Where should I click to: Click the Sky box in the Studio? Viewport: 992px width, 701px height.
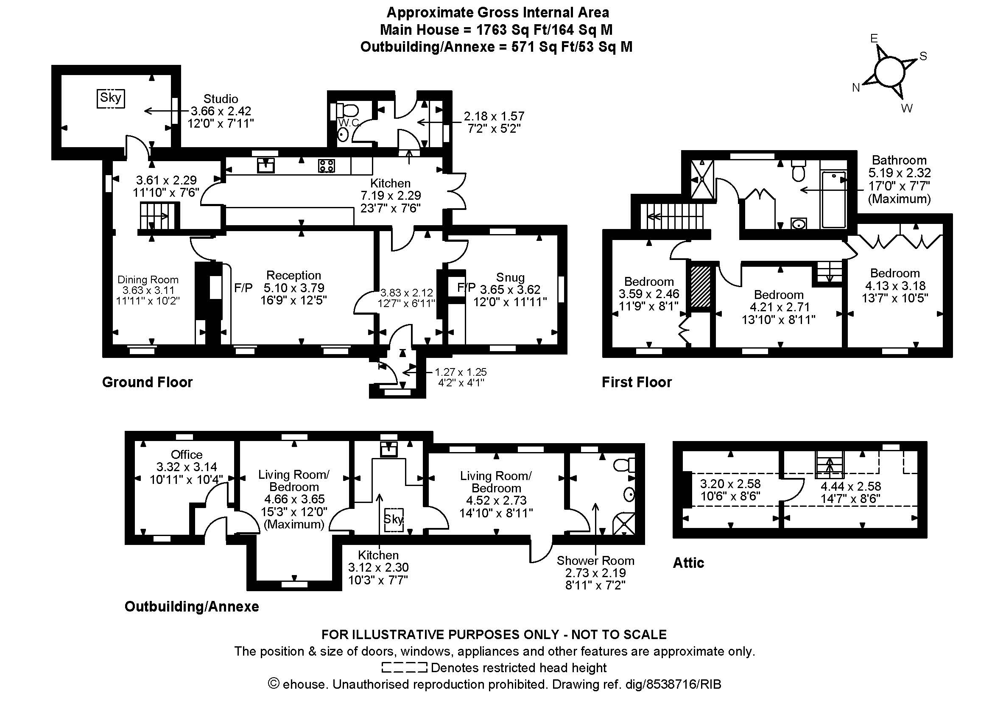click(x=110, y=98)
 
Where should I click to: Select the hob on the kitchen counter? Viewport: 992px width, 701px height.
click(x=326, y=165)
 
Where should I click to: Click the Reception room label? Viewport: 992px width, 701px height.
click(x=293, y=275)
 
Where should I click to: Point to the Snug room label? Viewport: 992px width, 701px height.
click(x=510, y=277)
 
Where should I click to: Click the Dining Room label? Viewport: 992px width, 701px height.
click(x=148, y=280)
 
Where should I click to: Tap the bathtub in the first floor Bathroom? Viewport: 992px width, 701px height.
click(x=833, y=199)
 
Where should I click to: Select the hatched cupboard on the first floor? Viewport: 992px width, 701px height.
click(x=700, y=286)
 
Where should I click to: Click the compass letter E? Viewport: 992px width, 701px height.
click(x=874, y=39)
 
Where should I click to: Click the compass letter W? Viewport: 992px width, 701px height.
click(x=907, y=109)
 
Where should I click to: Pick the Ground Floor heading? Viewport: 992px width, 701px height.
click(x=147, y=382)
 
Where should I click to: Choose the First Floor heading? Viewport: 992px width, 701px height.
click(x=637, y=382)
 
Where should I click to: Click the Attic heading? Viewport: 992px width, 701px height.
click(x=689, y=563)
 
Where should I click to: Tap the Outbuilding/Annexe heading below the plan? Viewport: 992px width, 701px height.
click(x=192, y=606)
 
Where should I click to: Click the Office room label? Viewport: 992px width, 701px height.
click(x=187, y=454)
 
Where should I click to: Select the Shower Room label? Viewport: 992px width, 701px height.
click(x=595, y=561)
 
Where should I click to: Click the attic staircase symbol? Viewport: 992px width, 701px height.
click(x=829, y=465)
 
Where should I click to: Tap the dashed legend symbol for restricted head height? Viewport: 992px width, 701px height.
click(x=405, y=667)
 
